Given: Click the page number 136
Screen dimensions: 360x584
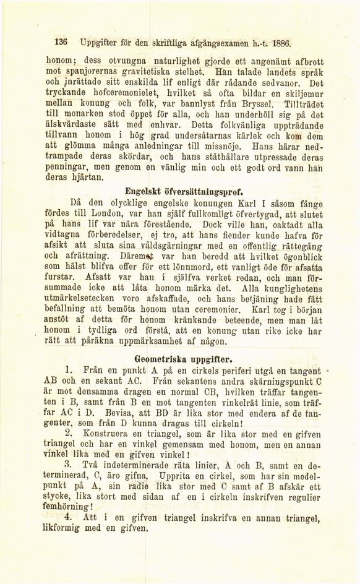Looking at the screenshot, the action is point(61,44).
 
